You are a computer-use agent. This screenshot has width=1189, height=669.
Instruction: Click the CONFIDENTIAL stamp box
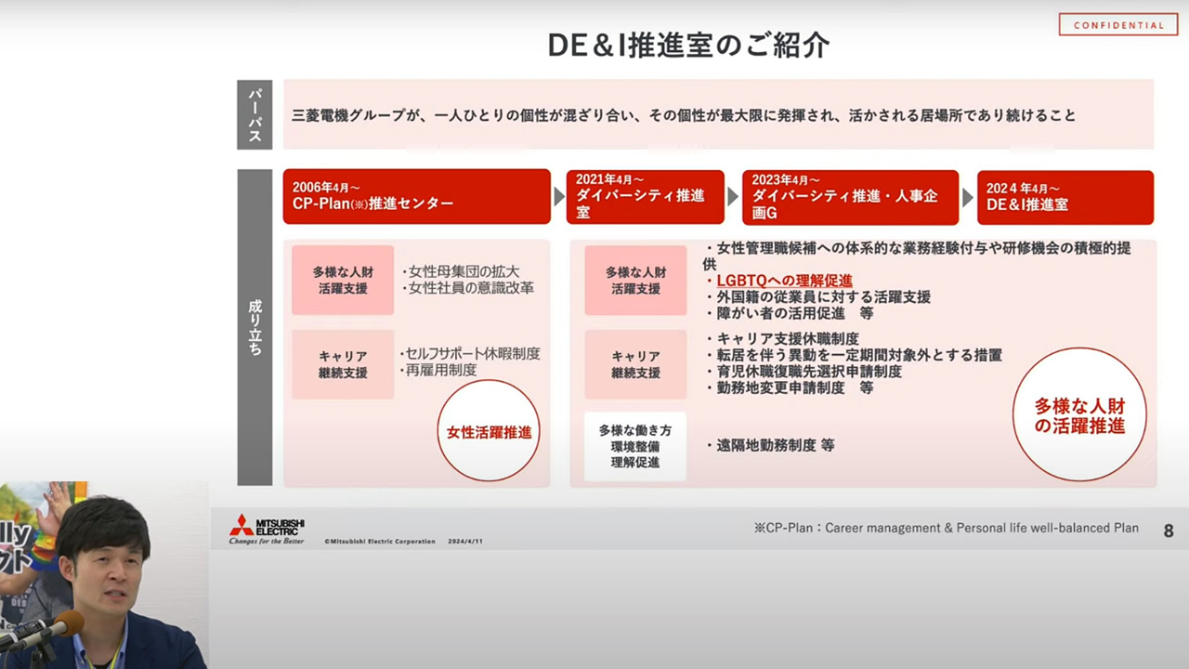1118,24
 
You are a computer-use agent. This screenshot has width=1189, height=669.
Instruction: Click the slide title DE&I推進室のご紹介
688,46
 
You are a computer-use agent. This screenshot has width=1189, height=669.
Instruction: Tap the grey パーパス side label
255,114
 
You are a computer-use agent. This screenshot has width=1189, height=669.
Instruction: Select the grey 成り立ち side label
255,327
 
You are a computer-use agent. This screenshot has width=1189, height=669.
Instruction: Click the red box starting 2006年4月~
417,196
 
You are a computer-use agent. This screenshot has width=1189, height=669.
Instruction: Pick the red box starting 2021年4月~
645,197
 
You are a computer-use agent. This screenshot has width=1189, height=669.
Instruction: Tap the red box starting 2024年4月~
1065,198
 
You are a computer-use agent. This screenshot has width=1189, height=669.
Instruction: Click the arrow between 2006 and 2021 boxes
558,197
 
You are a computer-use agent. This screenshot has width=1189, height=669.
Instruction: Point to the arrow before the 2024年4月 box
968,198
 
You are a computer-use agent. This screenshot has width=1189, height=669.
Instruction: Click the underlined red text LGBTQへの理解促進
784,281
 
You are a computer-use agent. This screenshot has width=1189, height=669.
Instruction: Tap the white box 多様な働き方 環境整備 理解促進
635,447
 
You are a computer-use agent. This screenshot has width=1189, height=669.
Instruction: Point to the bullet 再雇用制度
439,370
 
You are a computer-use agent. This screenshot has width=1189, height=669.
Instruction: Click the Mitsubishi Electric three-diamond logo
242,525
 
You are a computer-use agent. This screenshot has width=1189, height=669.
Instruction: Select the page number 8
1169,531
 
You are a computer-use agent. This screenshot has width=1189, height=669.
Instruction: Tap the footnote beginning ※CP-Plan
946,528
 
